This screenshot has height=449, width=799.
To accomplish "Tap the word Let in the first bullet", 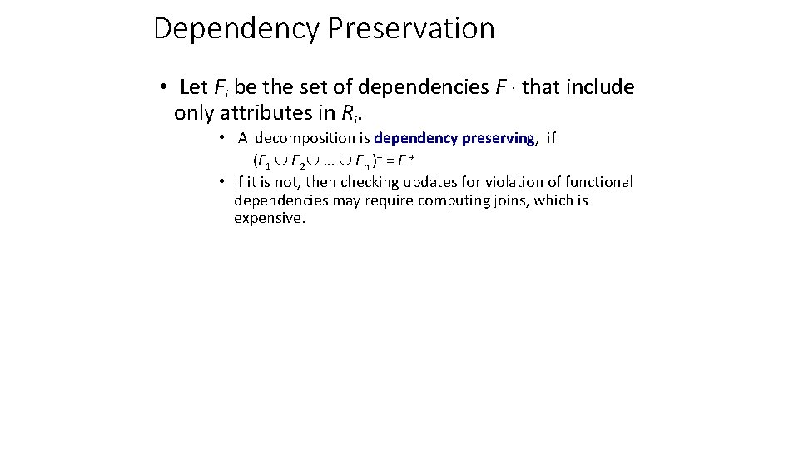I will point(194,87).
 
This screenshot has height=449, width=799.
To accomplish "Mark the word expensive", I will point(270,219).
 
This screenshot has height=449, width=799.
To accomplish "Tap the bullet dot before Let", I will point(166,88).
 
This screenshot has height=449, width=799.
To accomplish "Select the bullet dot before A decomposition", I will point(224,136).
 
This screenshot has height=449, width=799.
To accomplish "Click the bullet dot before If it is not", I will point(222,181).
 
